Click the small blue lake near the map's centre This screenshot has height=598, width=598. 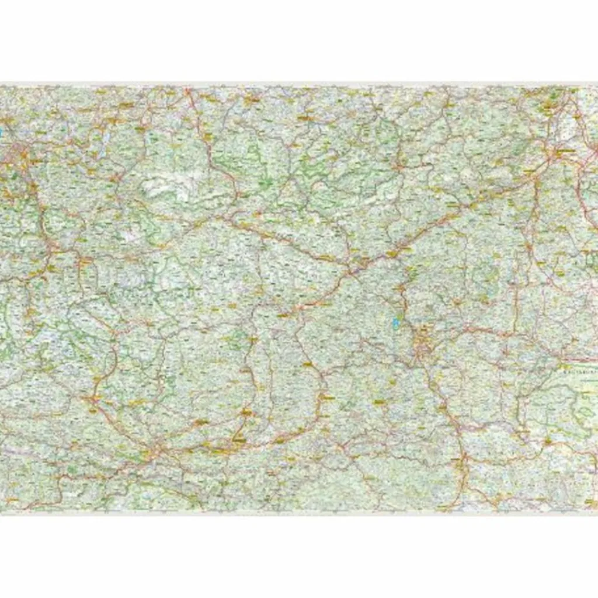(396, 322)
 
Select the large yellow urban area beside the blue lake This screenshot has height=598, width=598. (422, 345)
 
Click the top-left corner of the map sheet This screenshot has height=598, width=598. (1, 86)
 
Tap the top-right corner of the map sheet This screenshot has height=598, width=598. (597, 86)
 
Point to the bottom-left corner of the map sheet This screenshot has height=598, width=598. (1, 512)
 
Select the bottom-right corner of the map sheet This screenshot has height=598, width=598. (597, 512)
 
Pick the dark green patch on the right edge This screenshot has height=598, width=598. (591, 257)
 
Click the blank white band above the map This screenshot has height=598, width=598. (299, 41)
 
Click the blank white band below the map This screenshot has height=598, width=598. (299, 555)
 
